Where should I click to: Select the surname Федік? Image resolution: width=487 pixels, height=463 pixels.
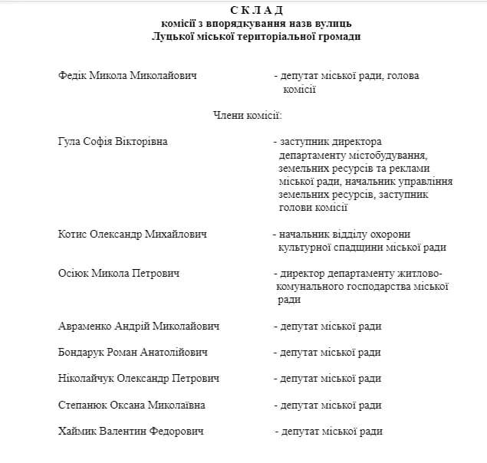pyautogui.click(x=73, y=76)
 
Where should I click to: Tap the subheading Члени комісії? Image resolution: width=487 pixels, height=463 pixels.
pyautogui.click(x=247, y=116)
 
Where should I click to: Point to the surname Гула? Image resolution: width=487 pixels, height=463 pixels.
pyautogui.click(x=71, y=142)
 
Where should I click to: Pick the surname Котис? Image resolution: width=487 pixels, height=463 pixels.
pyautogui.click(x=74, y=234)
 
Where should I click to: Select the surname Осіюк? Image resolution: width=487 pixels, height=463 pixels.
pyautogui.click(x=74, y=274)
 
